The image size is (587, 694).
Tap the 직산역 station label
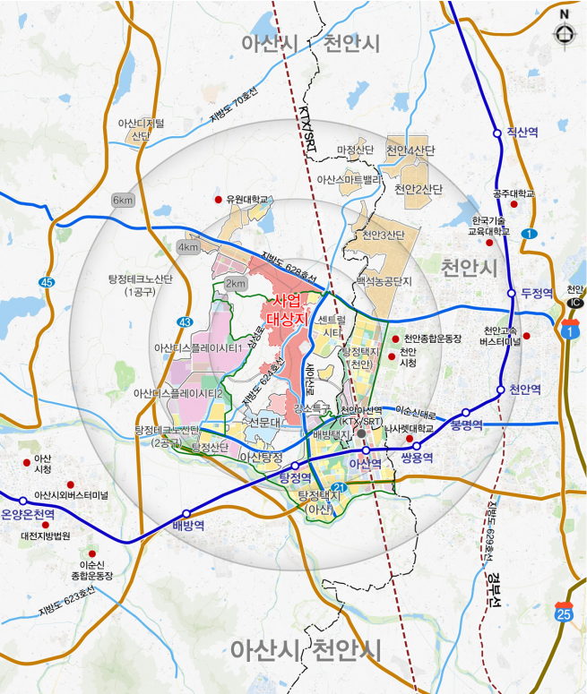(522, 132)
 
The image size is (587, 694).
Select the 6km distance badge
(123, 199)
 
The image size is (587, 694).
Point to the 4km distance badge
(188, 247)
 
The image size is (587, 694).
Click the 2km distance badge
(235, 284)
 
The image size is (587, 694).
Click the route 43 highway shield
(186, 321)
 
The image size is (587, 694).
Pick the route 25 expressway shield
(564, 613)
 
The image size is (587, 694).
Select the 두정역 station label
(536, 293)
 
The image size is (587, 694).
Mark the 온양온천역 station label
(28, 514)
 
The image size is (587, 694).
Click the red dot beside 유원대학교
(218, 199)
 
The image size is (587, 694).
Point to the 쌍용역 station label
(417, 457)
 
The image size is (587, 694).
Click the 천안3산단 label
(384, 236)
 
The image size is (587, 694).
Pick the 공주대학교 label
(514, 193)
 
